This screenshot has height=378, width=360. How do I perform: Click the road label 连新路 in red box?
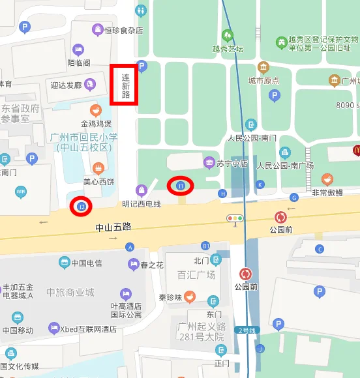point(125,85)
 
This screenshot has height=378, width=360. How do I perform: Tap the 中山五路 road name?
point(113,227)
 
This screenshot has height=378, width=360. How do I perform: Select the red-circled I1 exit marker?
point(181,186)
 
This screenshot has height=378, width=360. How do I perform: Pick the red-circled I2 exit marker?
point(82,207)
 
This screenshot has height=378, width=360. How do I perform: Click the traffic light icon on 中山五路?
point(235,218)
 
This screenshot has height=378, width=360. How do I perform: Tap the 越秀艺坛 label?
point(228,48)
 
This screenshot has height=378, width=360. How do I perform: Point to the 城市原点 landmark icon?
point(263,67)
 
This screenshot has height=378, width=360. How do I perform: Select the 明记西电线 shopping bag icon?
point(141,190)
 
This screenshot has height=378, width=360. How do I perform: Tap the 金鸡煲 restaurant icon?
point(96,109)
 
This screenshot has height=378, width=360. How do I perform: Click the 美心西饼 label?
point(98,181)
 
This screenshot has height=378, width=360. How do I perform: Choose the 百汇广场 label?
point(196,274)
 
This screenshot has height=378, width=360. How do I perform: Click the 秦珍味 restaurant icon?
point(190,298)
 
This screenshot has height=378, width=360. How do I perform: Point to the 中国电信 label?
point(87,263)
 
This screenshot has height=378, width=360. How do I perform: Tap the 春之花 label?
point(151,265)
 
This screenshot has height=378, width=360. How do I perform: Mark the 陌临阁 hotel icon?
point(78,49)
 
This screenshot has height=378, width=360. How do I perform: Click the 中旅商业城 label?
point(70,293)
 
